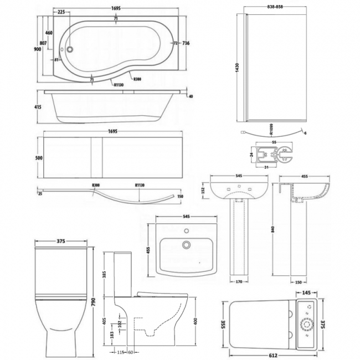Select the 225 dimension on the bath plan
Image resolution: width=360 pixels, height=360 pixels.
pyautogui.click(x=61, y=12)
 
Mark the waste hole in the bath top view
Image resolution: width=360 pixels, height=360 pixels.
pyautogui.click(x=69, y=48)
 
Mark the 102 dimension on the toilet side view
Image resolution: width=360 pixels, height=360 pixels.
pyautogui.click(x=120, y=321)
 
